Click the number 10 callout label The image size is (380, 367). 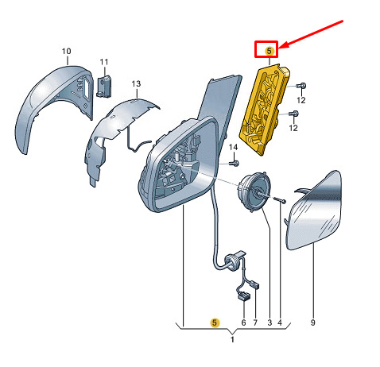[66, 51]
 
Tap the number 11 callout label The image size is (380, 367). [104, 62]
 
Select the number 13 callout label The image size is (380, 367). [136, 84]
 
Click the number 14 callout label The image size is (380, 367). [233, 147]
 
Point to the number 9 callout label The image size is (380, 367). [312, 323]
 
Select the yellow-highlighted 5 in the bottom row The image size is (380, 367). [215, 323]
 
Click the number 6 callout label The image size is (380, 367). [243, 323]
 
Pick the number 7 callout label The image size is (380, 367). [255, 323]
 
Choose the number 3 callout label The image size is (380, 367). [269, 323]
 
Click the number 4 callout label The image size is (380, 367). [280, 323]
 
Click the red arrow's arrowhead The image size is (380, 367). [282, 45]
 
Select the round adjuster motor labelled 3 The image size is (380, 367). [254, 191]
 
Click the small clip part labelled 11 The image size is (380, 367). [104, 86]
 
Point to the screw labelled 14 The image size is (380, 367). [234, 163]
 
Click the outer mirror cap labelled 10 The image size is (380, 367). [54, 106]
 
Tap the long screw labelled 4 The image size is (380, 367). [279, 199]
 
